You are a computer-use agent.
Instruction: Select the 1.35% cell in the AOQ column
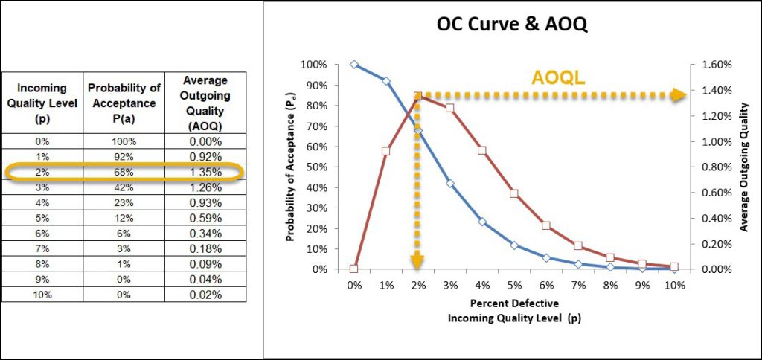click(204, 173)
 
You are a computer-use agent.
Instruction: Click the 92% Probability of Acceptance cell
click(124, 157)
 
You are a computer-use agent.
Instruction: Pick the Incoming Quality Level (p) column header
click(42, 104)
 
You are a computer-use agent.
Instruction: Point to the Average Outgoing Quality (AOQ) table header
click(204, 103)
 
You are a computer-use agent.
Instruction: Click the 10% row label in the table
click(42, 295)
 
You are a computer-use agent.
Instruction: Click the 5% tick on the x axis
click(514, 286)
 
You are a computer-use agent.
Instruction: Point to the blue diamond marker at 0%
click(354, 65)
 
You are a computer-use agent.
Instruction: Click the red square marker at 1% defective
click(386, 151)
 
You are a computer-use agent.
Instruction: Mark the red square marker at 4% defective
click(482, 150)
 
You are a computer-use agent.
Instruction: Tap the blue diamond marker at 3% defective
click(450, 183)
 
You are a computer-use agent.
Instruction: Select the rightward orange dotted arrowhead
click(678, 94)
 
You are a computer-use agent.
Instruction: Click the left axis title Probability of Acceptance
click(291, 167)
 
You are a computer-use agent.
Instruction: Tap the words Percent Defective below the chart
click(514, 304)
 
